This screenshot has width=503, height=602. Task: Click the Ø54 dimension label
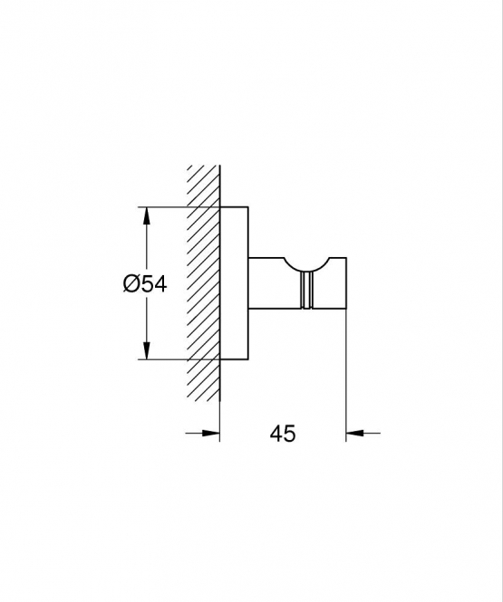[x=145, y=284]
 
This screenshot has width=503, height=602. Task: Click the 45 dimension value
[x=283, y=434]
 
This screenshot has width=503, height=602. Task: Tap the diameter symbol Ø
[x=131, y=284]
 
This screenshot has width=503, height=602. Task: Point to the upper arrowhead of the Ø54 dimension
[x=146, y=216]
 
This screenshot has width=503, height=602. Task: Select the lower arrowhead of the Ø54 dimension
[x=146, y=350]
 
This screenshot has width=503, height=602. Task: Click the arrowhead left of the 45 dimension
[x=210, y=433]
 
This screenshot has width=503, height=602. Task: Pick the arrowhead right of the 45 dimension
[x=355, y=433]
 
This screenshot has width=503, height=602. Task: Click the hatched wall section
[x=204, y=284]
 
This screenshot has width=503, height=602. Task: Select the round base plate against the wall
[x=234, y=283]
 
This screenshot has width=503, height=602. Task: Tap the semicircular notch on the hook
[x=306, y=266]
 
